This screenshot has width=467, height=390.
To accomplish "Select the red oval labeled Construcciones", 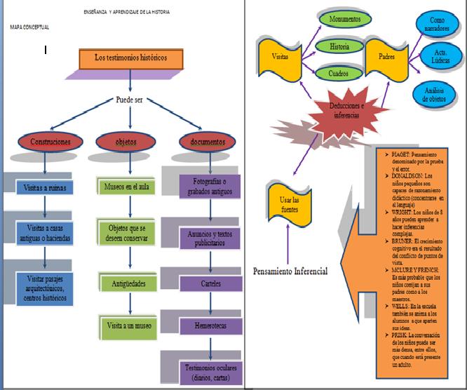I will (46, 141).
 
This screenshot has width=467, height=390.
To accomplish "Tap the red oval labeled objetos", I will (126, 141).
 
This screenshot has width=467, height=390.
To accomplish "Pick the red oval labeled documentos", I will (208, 141).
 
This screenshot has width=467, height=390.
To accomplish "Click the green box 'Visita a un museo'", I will (128, 327).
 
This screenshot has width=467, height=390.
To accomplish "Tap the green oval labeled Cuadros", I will (339, 72).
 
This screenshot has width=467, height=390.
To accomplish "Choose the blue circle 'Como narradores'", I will (436, 25).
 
